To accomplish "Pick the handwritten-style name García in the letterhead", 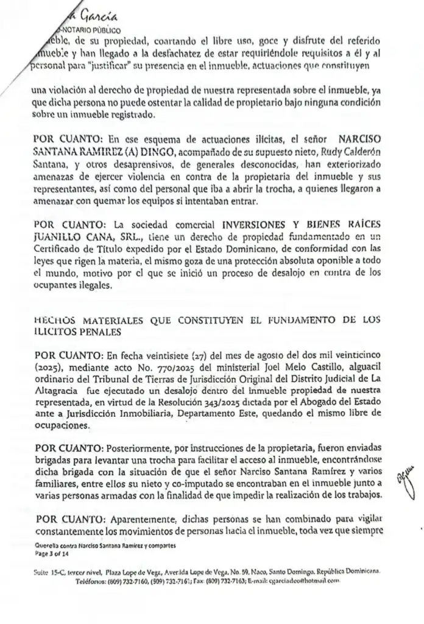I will [x=91, y=12].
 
